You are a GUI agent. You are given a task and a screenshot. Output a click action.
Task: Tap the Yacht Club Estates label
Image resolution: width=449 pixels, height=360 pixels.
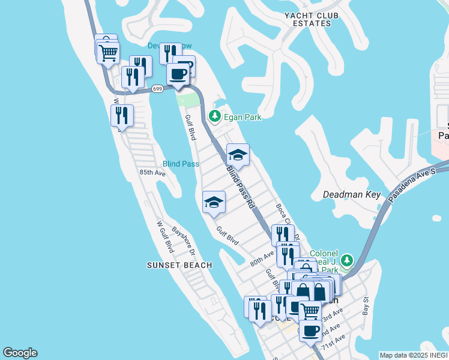(x=308, y=19)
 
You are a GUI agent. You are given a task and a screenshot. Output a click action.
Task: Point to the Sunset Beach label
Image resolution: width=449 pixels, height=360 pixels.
(x=179, y=265)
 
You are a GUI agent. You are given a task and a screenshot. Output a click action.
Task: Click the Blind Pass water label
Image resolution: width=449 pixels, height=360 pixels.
(x=181, y=164)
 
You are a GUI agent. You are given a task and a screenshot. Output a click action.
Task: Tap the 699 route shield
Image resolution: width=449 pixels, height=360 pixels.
(x=157, y=89)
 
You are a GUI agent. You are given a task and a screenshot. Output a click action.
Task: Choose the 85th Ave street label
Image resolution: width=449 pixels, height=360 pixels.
(x=152, y=172)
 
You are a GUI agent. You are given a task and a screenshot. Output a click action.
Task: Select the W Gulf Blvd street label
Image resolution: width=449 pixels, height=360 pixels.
(x=164, y=237)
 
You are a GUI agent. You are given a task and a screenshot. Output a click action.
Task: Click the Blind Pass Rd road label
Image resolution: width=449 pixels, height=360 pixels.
(x=241, y=187)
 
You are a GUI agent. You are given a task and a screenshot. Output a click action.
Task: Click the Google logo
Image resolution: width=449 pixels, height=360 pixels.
(x=20, y=353)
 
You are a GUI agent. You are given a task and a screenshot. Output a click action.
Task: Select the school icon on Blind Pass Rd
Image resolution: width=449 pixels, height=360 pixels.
(x=238, y=155)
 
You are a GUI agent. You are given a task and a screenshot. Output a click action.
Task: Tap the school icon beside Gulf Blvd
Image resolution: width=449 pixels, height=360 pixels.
(x=214, y=203)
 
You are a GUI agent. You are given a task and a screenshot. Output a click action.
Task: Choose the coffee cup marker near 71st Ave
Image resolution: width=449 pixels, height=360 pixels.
(x=310, y=330)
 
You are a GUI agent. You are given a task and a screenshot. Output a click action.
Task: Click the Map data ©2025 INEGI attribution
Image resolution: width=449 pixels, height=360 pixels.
(x=414, y=355)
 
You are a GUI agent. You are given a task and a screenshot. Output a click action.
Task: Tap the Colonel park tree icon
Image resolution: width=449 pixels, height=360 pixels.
(x=346, y=260)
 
